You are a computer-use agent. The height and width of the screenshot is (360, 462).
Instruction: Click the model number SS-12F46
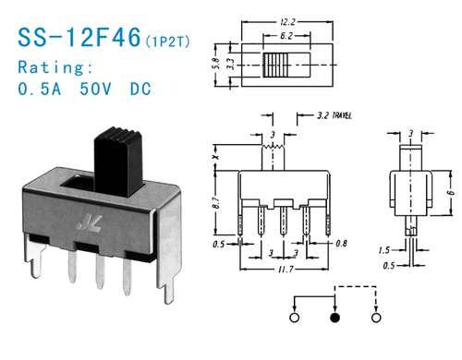[x=79, y=37]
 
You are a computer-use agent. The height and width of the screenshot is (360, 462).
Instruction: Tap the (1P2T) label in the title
[x=167, y=42]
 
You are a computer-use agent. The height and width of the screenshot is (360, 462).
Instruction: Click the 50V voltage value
[x=95, y=89]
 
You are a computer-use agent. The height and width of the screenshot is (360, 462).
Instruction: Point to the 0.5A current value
[x=40, y=89]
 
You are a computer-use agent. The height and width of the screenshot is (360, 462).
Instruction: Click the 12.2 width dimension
[x=287, y=22]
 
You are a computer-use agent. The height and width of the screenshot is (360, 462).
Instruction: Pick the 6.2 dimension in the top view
[x=286, y=36]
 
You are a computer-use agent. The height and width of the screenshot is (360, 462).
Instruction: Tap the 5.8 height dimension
[x=216, y=64]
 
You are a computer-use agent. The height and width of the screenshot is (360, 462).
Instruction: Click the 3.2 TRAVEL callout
[x=334, y=115]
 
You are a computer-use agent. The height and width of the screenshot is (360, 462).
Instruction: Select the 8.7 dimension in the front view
[x=216, y=202]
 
